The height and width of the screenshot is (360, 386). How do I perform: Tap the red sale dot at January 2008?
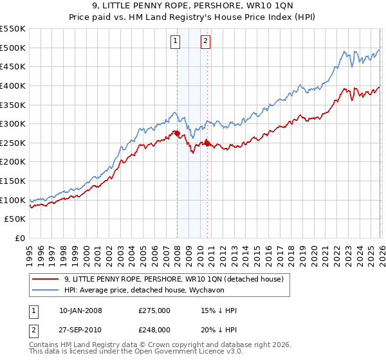(177, 134)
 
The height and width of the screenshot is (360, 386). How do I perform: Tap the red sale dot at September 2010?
(207, 143)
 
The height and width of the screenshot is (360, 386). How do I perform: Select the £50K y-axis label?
(15, 219)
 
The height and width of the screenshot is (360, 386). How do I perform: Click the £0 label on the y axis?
(19, 239)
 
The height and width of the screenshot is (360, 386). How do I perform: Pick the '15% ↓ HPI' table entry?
(219, 310)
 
